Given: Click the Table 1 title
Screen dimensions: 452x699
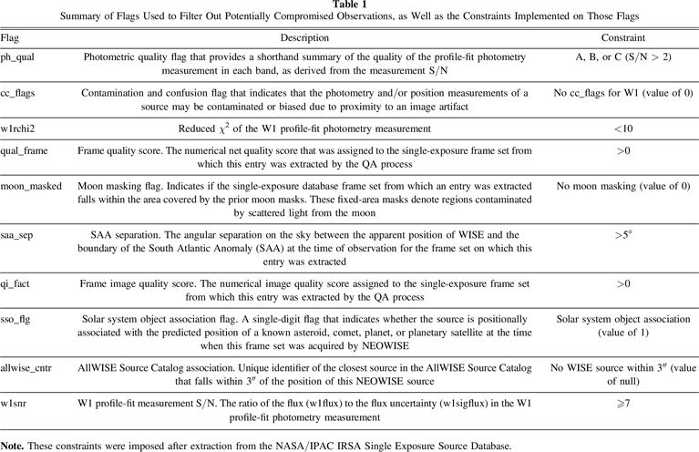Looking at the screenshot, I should click(x=349, y=5).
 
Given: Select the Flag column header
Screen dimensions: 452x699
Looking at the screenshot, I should click(x=10, y=38).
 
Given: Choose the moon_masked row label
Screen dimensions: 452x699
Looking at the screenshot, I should click(x=32, y=186).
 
